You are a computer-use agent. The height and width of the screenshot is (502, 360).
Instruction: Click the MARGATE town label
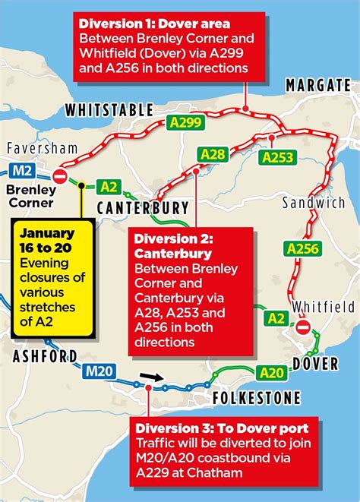coord(317,84)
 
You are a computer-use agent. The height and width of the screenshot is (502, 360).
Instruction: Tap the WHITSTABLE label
coord(110,111)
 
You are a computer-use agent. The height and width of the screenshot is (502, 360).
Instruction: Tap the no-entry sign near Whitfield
coord(302,327)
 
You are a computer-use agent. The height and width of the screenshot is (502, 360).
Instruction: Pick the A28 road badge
coord(213,155)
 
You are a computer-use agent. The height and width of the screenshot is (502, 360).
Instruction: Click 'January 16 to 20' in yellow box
coord(47,240)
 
